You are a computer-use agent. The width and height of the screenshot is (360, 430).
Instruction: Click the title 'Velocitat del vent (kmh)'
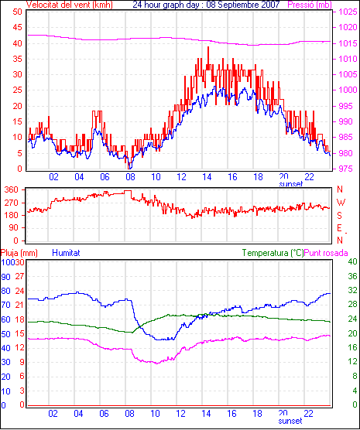click(x=69, y=5)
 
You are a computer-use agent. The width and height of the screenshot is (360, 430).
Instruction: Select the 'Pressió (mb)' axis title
click(x=310, y=5)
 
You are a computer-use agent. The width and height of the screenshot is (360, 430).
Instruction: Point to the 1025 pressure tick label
click(x=348, y=12)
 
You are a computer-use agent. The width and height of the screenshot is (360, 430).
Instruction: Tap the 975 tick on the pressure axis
click(x=345, y=169)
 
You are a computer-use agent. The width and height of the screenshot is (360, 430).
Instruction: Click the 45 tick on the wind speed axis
click(x=17, y=27)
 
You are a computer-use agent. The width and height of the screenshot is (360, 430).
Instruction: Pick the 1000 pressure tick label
click(x=348, y=90)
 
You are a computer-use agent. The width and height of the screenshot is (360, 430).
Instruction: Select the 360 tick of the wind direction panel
click(x=12, y=189)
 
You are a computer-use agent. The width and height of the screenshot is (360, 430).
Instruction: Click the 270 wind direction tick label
click(x=12, y=203)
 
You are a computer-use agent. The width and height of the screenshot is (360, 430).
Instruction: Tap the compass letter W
click(x=341, y=203)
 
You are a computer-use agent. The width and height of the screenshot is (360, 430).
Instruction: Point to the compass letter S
click(x=339, y=216)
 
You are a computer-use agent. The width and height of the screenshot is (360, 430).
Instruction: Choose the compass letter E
click(x=339, y=228)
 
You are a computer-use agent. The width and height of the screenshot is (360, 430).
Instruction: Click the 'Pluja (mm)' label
click(x=19, y=253)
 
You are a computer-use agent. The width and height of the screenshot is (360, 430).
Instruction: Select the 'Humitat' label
click(x=66, y=253)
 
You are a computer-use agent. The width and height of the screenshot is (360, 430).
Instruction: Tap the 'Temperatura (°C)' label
click(x=273, y=253)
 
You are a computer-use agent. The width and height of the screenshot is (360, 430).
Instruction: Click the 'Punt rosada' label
click(x=326, y=253)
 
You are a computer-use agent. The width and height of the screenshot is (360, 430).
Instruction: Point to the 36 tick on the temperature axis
click(x=352, y=276)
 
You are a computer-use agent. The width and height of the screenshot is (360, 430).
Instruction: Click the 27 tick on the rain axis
click(x=19, y=276)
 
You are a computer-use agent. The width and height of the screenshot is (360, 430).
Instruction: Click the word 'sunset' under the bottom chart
click(x=290, y=421)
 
